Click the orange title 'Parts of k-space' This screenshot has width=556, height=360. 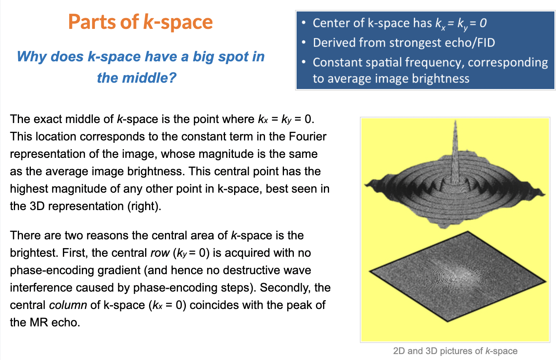[x=140, y=22]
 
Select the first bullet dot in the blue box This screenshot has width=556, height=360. [x=304, y=23]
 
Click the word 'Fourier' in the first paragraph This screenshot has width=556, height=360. [x=308, y=136]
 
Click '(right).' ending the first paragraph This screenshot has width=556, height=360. [x=144, y=206]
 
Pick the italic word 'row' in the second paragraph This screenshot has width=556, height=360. [x=160, y=253]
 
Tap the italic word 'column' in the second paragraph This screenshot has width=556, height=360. [x=68, y=305]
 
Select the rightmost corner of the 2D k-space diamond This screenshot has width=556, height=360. [x=546, y=282]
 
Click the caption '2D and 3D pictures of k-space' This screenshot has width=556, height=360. [x=455, y=351]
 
